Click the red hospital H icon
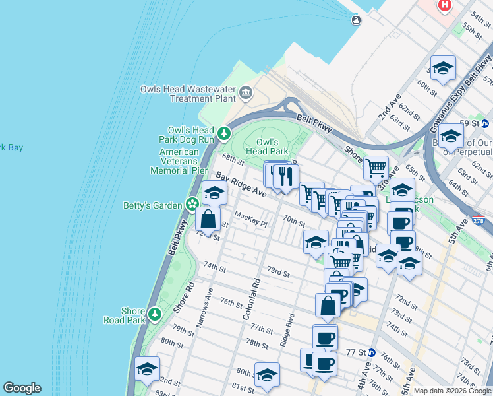coord(446,5)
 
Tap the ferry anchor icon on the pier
coord(356,20)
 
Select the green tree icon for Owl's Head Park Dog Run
coord(224,135)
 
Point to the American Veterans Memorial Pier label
coord(179,161)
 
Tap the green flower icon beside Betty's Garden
coord(192,205)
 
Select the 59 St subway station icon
coord(484,123)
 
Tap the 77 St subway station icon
coord(372,352)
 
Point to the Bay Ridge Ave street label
coord(241,186)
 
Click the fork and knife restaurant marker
coord(285,176)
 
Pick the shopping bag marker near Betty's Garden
coord(208,218)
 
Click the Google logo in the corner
coord(22,388)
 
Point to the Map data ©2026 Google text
coord(452,391)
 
